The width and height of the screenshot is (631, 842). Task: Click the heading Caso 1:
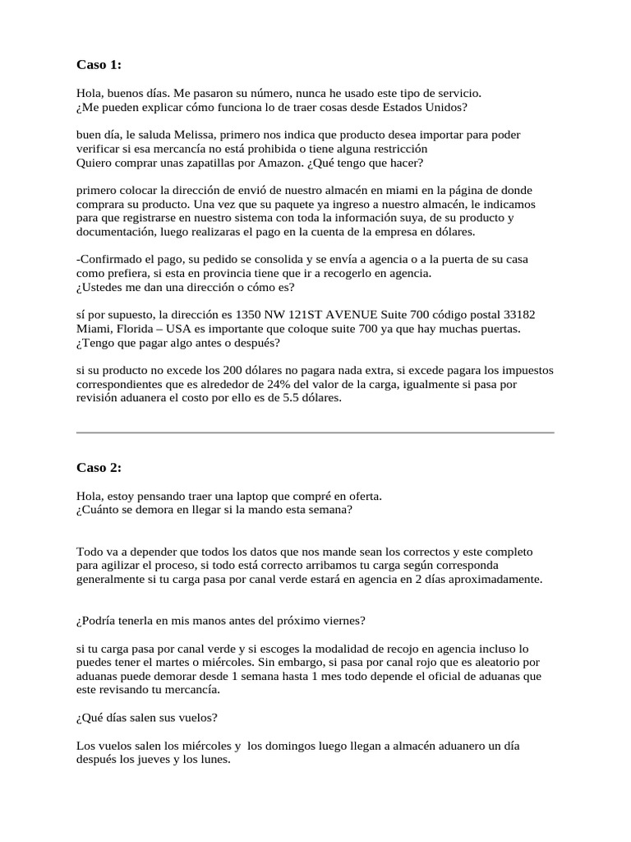click(99, 64)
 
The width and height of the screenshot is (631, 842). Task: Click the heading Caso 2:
click(99, 468)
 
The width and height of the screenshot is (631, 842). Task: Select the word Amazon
click(255, 163)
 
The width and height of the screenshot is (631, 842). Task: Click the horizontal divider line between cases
click(315, 433)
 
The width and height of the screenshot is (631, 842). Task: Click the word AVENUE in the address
click(355, 315)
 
